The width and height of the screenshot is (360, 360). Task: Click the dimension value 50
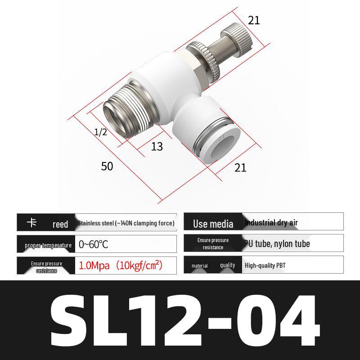(107, 166)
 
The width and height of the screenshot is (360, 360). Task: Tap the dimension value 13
(157, 147)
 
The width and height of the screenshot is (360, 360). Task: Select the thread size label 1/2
(101, 132)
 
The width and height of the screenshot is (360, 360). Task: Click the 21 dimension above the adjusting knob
(254, 20)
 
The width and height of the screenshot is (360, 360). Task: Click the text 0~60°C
(94, 244)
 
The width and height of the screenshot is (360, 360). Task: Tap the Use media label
(213, 224)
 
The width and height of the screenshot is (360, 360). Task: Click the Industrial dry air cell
(271, 222)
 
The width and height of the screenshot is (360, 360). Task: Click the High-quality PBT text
(265, 265)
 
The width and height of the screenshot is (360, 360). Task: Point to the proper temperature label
(48, 245)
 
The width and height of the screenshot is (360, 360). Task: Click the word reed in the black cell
(60, 224)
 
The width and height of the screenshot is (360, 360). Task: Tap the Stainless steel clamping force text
(126, 223)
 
